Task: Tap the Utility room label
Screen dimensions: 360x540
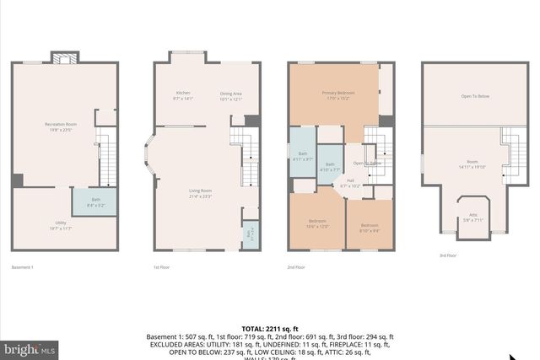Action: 58,225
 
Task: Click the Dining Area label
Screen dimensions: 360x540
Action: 231,95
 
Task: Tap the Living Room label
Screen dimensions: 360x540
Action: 200,194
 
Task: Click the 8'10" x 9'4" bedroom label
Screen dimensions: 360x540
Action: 370,226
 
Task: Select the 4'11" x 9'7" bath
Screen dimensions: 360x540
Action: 303,156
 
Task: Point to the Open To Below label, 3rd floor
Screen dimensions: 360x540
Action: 474,96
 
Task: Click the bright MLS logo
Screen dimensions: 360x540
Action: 30,347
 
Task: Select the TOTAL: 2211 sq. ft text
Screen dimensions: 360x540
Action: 270,328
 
